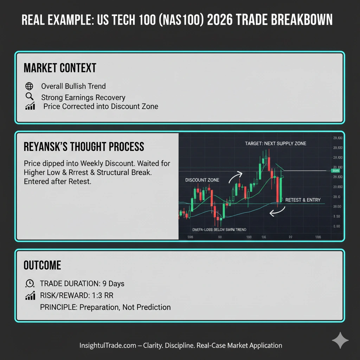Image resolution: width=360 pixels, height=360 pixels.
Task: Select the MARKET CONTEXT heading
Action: point(60,68)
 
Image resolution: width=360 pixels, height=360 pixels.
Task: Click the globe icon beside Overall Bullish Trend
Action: point(30,86)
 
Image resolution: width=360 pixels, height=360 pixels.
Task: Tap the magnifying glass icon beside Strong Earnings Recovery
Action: point(30,97)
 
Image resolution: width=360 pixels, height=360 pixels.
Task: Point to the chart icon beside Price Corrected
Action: point(30,106)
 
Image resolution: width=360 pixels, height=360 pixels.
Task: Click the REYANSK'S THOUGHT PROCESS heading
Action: point(84,146)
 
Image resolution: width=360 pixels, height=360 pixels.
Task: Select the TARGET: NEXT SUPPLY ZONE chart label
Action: point(275,143)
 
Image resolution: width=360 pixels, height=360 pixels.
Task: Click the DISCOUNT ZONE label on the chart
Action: point(202,180)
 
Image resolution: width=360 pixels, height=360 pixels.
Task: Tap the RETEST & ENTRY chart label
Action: point(303,200)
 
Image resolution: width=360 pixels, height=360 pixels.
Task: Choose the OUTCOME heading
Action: point(42,265)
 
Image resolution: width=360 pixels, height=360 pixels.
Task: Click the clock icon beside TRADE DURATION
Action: point(30,283)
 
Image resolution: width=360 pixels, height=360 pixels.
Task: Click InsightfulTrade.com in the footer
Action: point(108,345)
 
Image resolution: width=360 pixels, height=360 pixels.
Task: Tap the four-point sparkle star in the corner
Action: point(340,340)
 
